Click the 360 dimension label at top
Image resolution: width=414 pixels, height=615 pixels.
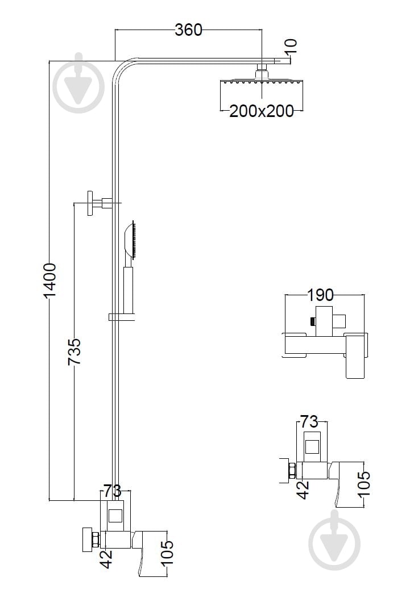pyautogui.click(x=188, y=30)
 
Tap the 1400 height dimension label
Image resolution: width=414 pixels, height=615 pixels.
pyautogui.click(x=50, y=281)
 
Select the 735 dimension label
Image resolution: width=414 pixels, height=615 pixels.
pyautogui.click(x=74, y=352)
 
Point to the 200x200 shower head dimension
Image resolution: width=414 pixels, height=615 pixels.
pyautogui.click(x=261, y=111)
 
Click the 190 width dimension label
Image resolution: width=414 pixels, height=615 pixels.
pyautogui.click(x=320, y=295)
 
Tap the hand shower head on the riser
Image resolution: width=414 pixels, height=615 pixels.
pyautogui.click(x=130, y=240)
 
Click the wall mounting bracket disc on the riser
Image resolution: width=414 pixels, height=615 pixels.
pyautogui.click(x=91, y=203)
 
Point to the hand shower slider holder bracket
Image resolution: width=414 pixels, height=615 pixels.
pyautogui.click(x=122, y=317)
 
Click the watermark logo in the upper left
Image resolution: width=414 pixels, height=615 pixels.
pyautogui.click(x=78, y=83)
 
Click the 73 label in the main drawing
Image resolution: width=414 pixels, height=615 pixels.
pyautogui.click(x=112, y=490)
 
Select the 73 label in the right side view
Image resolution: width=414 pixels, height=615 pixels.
pyautogui.click(x=309, y=421)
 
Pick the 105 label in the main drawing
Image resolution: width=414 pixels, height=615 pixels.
pyautogui.click(x=167, y=553)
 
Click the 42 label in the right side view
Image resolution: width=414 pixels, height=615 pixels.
pyautogui.click(x=303, y=490)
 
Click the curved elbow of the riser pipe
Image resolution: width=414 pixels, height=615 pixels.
pyautogui.click(x=122, y=69)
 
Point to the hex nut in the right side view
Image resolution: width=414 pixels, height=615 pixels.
pyautogui.click(x=292, y=471)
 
